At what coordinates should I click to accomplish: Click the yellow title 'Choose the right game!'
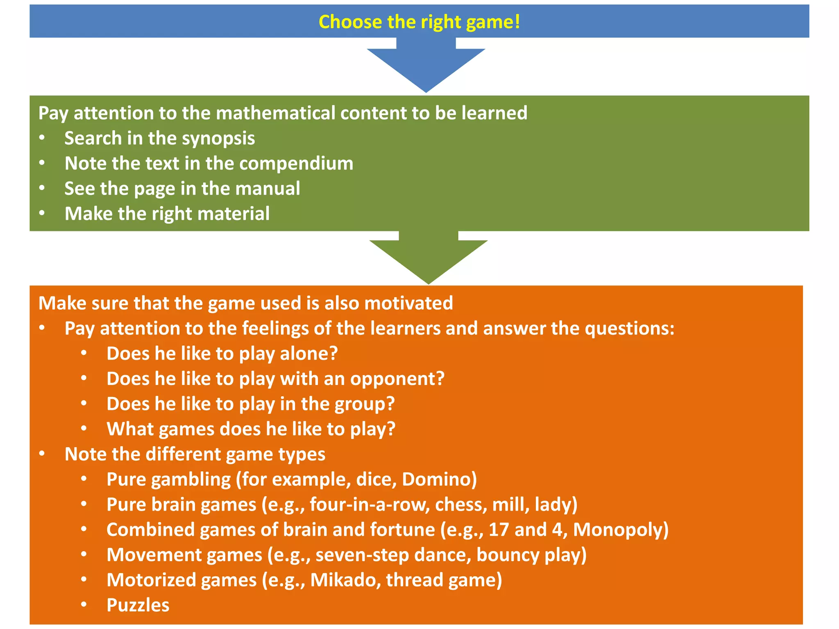[419, 22]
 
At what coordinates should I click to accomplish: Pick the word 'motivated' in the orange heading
[408, 303]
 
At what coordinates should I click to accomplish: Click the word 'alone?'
[309, 353]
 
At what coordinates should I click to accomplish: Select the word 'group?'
[365, 404]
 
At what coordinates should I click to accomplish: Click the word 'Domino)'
[439, 480]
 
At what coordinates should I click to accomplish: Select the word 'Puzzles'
[138, 605]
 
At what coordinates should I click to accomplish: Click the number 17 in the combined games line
[499, 530]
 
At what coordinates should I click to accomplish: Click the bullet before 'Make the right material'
[42, 213]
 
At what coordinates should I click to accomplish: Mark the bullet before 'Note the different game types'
[42, 454]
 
